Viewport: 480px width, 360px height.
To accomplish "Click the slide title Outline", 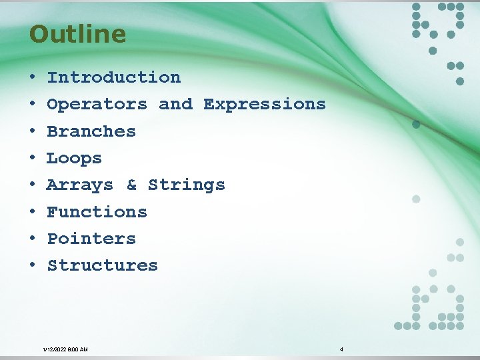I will pyautogui.click(x=77, y=34).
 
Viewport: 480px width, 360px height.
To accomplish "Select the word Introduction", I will pyautogui.click(x=113, y=77).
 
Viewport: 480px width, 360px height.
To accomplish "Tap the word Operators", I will pyautogui.click(x=97, y=105).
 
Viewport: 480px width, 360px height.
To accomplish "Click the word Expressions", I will pyautogui.click(x=264, y=105).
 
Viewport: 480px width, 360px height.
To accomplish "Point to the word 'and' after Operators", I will pyautogui.click(x=175, y=105).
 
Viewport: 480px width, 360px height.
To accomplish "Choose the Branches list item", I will pyautogui.click(x=91, y=131).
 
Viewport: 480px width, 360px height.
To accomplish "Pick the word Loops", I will pyautogui.click(x=74, y=159).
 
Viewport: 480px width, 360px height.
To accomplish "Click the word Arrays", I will pyautogui.click(x=80, y=185).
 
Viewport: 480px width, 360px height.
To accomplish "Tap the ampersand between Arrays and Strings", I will pyautogui.click(x=131, y=185).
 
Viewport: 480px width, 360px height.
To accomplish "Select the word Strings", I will pyautogui.click(x=186, y=185).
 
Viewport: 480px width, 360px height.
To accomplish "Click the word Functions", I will pyautogui.click(x=97, y=212).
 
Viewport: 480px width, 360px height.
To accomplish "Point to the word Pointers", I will pyautogui.click(x=91, y=239).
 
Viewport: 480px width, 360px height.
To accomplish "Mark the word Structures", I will pyautogui.click(x=102, y=265).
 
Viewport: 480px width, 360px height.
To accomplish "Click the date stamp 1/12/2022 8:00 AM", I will pyautogui.click(x=65, y=349).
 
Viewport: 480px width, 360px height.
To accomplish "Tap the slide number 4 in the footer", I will pyautogui.click(x=341, y=349).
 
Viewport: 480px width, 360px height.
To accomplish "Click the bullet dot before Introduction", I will pyautogui.click(x=32, y=78).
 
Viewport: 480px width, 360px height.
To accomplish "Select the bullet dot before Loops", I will pyautogui.click(x=32, y=159).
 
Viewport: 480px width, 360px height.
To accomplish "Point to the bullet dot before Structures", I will pyautogui.click(x=32, y=266).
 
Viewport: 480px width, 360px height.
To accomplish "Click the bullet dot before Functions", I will pyautogui.click(x=32, y=213).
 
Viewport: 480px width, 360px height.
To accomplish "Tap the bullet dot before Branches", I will pyautogui.click(x=32, y=132).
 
